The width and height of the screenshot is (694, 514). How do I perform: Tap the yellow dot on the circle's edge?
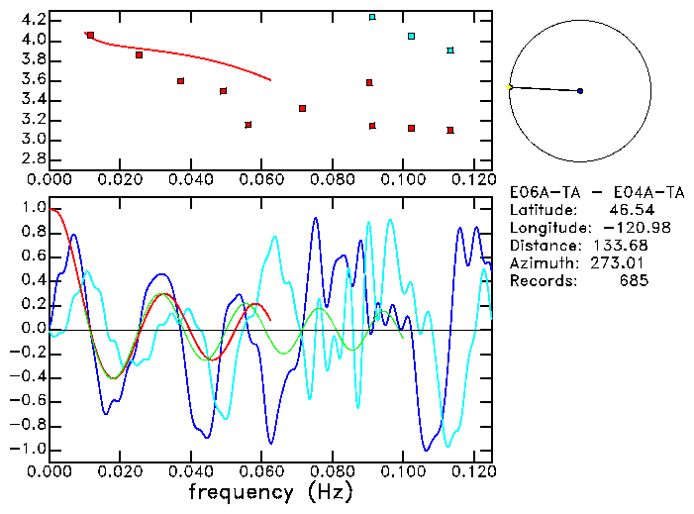tap(510, 87)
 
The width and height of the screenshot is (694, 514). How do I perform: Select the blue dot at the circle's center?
tap(580, 91)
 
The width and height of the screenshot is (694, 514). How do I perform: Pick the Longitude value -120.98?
tap(615, 228)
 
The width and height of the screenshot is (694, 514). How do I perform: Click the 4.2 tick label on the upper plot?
tap(33, 20)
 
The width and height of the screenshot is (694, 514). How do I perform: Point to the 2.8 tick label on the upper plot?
tap(33, 159)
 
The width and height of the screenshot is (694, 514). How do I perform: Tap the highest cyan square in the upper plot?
tap(372, 17)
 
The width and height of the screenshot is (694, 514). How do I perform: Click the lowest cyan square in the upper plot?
tap(450, 51)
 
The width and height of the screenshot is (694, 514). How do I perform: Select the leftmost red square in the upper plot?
tap(90, 36)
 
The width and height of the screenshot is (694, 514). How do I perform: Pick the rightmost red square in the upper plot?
tap(450, 130)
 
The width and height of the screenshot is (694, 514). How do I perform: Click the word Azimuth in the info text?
tap(541, 263)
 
